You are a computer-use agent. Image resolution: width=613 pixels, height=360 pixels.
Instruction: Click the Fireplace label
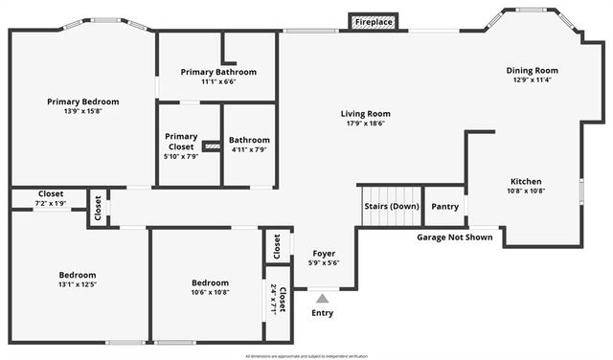tap(373, 21)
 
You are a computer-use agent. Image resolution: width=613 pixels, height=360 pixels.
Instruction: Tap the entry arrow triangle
tap(323, 298)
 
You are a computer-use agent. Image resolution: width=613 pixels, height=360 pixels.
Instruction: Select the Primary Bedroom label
tap(83, 101)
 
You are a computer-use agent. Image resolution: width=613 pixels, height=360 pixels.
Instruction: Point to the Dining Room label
tap(533, 70)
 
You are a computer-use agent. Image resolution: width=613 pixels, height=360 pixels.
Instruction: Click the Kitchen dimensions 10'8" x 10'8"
tap(526, 191)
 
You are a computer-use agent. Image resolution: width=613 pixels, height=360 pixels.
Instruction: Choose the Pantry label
tap(444, 206)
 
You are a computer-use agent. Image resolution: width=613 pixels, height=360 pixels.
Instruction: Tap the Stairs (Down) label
tap(391, 206)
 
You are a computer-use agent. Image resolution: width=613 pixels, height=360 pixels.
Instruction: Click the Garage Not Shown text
tap(456, 236)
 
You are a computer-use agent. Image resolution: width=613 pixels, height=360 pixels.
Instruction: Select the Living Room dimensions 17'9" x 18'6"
tap(366, 123)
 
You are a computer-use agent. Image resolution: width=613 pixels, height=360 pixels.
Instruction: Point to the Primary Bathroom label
tap(219, 72)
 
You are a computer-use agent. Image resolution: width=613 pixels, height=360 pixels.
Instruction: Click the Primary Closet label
tap(181, 141)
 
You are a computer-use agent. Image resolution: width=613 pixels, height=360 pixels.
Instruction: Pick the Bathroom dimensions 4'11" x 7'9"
tap(249, 149)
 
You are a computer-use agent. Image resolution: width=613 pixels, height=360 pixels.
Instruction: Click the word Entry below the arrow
tap(323, 313)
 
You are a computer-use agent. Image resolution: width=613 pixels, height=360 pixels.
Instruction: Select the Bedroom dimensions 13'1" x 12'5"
tap(77, 284)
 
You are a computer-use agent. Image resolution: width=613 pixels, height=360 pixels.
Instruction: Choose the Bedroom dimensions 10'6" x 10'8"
tap(210, 292)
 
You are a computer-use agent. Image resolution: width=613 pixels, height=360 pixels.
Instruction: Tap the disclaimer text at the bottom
tap(306, 355)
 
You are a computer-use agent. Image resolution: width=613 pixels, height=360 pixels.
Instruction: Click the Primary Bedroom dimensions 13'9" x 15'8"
tap(83, 111)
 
